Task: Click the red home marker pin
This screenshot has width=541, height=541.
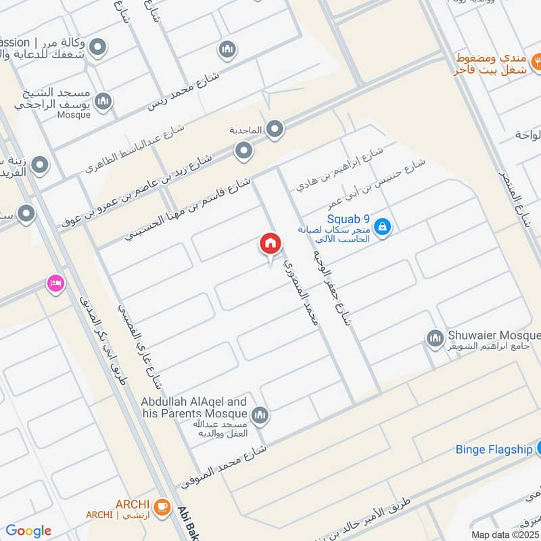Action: [x=270, y=245]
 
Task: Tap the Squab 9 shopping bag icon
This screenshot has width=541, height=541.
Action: [x=382, y=228]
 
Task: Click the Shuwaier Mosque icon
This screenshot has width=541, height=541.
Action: [x=434, y=337]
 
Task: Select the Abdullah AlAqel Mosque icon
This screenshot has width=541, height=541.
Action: [x=260, y=415]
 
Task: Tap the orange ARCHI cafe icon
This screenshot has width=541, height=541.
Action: [x=161, y=506]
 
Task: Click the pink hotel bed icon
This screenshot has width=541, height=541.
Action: [x=55, y=283]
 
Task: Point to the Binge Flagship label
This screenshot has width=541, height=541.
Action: [x=494, y=449]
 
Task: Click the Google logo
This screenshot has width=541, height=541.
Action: [x=28, y=531]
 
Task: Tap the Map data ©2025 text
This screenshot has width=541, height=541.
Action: [x=505, y=534]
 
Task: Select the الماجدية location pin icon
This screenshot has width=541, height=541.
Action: [x=274, y=129]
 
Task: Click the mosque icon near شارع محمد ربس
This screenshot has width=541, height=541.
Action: [x=227, y=49]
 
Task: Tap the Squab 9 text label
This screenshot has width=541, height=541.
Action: [x=348, y=218]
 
